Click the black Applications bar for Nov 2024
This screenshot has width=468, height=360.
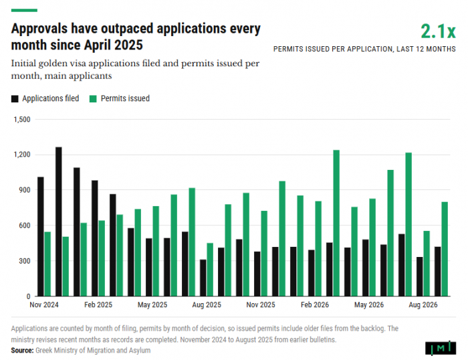[x=41, y=237]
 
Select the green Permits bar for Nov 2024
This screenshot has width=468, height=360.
[x=47, y=264]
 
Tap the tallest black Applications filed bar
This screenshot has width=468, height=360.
[x=59, y=221]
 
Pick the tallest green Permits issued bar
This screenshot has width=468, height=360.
[x=336, y=223]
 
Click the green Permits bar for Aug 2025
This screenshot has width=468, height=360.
[x=210, y=270]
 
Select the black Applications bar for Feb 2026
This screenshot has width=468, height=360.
[x=312, y=273]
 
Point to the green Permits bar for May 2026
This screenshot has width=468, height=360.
[x=372, y=248]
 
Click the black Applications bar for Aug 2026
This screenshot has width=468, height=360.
[x=420, y=276]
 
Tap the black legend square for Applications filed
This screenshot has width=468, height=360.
[x=15, y=99]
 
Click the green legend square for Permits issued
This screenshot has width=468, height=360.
[x=93, y=99]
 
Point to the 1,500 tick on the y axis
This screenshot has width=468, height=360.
[x=22, y=120]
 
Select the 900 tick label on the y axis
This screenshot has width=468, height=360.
[x=25, y=190]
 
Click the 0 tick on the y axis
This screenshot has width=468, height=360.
[x=29, y=296]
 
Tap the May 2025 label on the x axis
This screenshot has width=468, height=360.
[x=152, y=305]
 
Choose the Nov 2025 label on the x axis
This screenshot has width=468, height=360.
[x=261, y=305]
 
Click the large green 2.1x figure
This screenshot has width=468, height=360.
[x=438, y=31]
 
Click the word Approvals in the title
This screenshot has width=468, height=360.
[x=39, y=29]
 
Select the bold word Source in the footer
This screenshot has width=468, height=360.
[x=22, y=351]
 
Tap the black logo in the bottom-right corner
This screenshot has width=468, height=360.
[x=441, y=348]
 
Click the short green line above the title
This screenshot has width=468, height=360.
[x=24, y=11]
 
